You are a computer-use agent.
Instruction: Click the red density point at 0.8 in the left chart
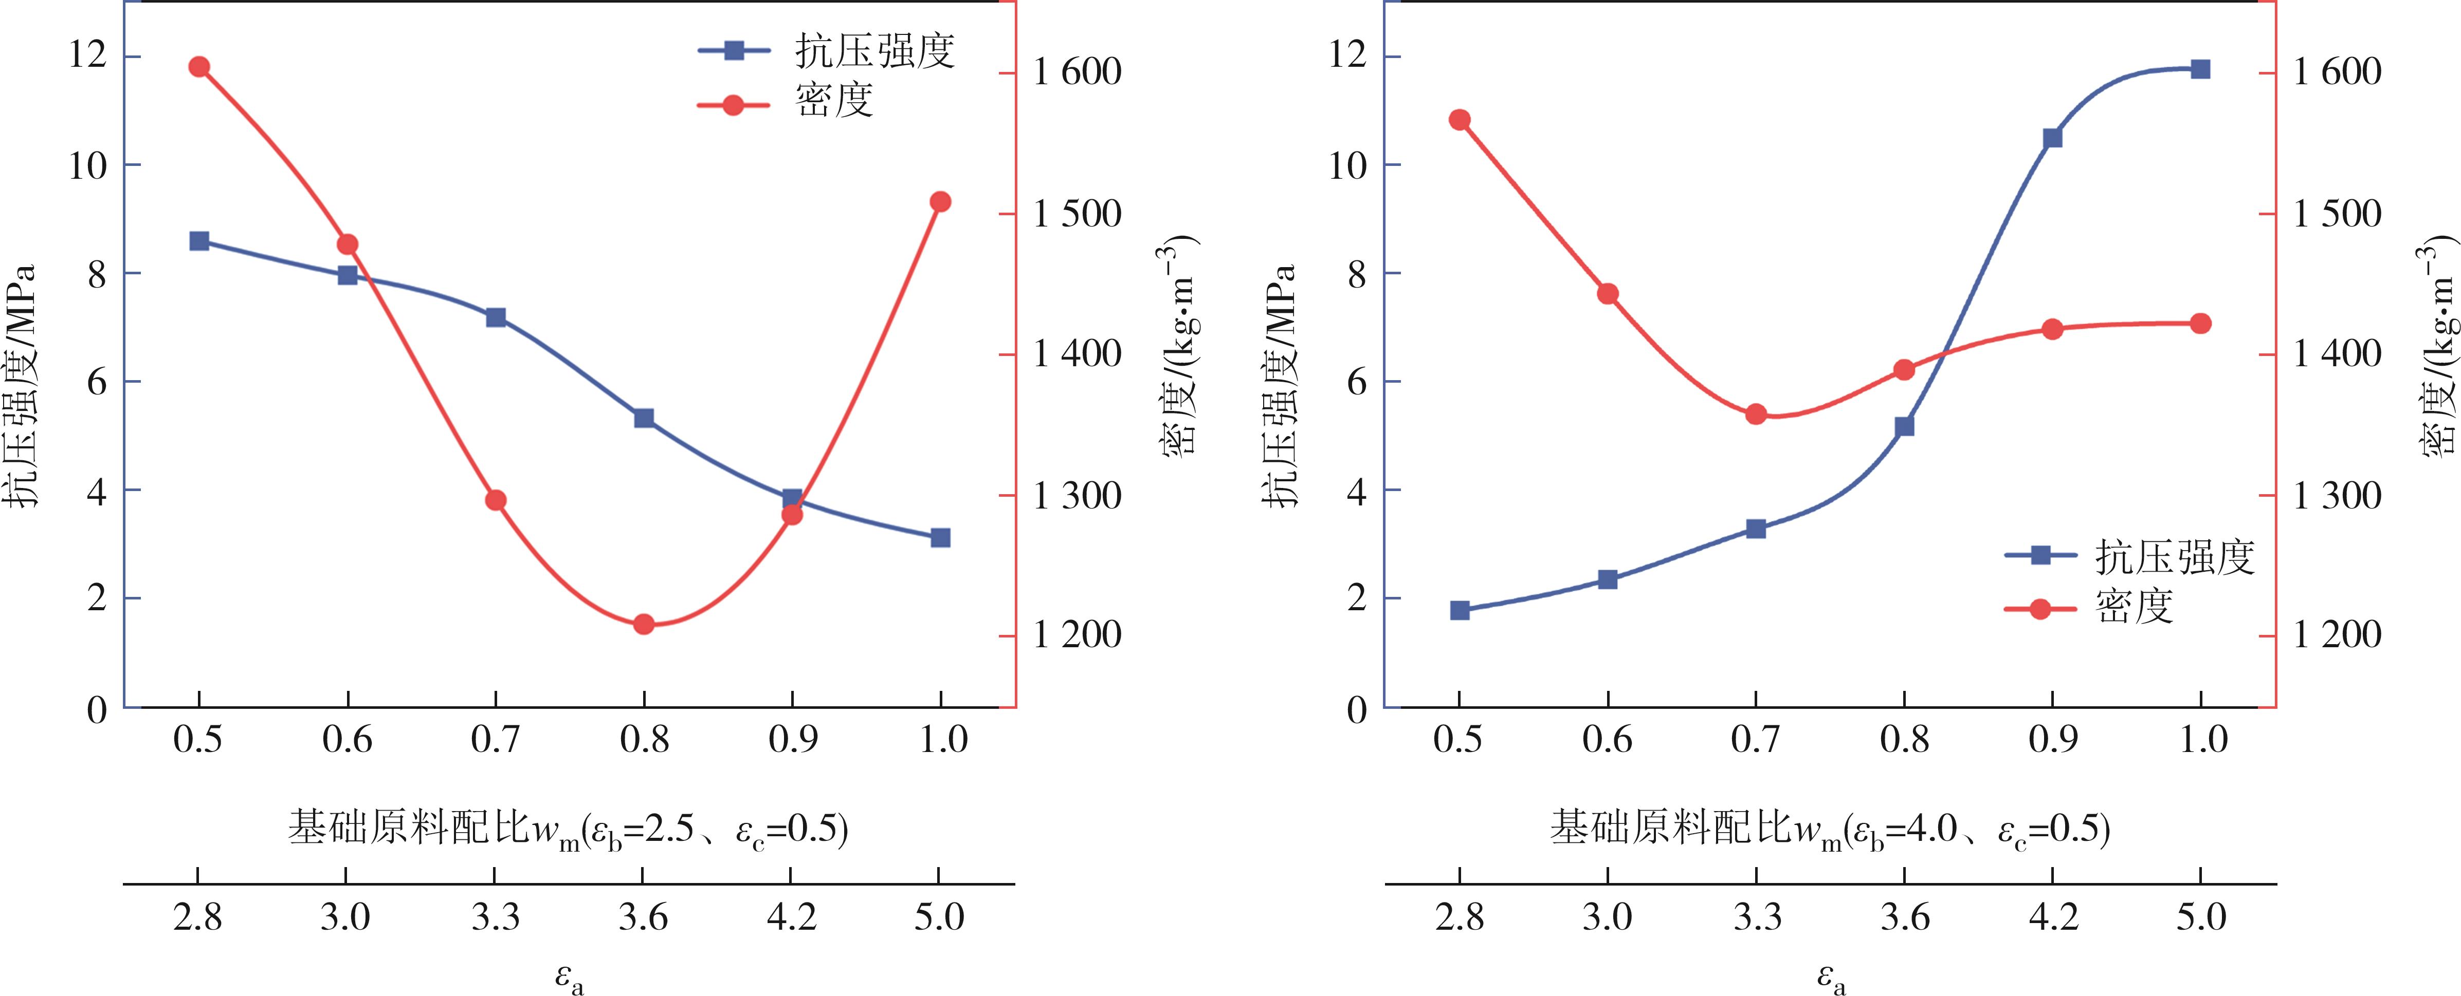643,625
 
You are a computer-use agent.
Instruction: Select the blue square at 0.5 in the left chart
199,240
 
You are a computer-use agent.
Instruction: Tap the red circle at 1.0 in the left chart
940,201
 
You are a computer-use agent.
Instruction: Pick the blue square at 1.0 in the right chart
2200,69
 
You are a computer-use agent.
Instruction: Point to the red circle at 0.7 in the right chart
1756,415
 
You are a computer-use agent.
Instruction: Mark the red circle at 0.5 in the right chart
1459,119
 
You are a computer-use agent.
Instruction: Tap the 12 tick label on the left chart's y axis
88,55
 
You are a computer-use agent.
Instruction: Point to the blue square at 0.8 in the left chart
643,418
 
